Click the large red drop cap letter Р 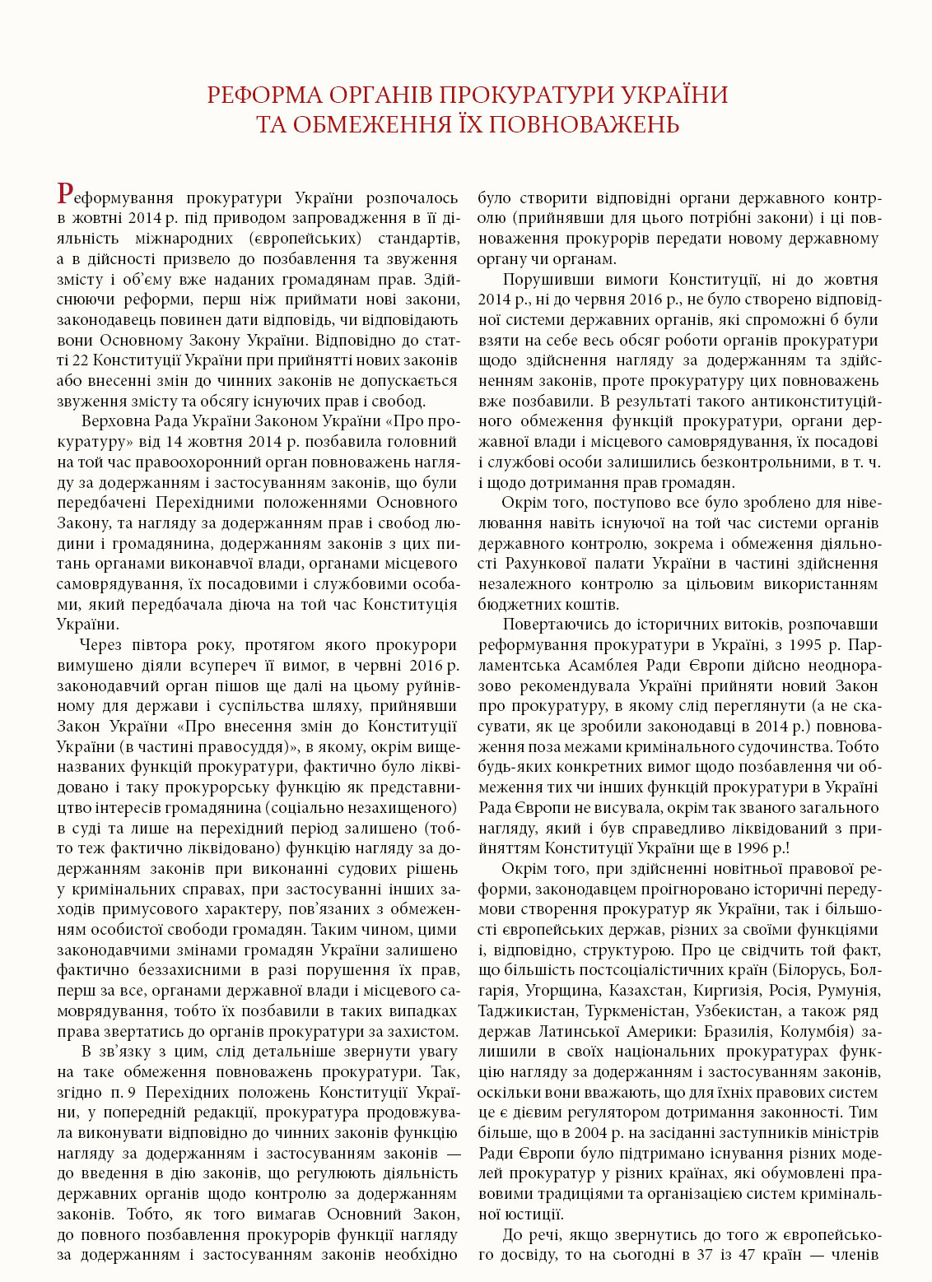(67, 194)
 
